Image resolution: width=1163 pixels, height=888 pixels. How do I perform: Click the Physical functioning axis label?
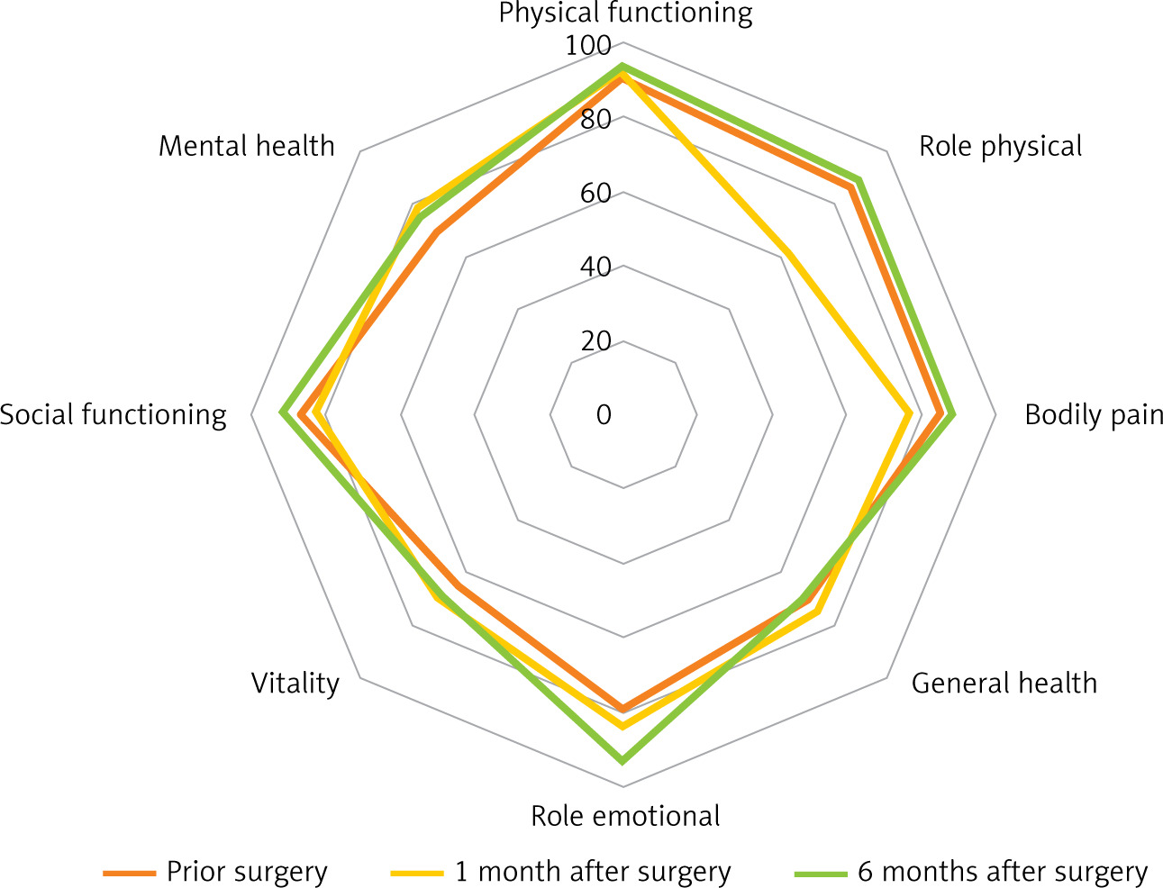coord(625,14)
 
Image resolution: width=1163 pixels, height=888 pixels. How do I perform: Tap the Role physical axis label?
coord(1000,146)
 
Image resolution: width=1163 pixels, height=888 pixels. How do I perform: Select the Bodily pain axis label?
coord(1094,415)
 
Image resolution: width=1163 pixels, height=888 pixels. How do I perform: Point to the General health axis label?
coord(1004,684)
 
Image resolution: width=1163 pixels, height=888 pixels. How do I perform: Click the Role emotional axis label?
coord(625,816)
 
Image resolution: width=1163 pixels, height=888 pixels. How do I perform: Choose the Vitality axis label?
coord(295,684)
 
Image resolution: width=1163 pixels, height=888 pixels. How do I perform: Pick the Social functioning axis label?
coord(114,415)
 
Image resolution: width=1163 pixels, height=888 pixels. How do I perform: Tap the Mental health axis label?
coord(246,146)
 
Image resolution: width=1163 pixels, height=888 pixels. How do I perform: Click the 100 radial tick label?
coord(588,45)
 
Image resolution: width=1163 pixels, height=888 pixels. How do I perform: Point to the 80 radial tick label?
coord(595,119)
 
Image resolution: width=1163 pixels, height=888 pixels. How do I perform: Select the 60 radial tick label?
coord(595,193)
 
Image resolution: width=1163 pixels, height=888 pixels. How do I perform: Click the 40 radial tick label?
coord(595,267)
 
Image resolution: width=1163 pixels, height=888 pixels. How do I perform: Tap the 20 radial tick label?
coord(595,340)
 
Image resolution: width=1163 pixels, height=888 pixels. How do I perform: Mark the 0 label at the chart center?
coord(603,415)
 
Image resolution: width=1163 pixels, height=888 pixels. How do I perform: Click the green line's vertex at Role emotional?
coord(622,761)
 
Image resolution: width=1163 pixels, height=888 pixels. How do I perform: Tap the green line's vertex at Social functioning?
coord(282,413)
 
